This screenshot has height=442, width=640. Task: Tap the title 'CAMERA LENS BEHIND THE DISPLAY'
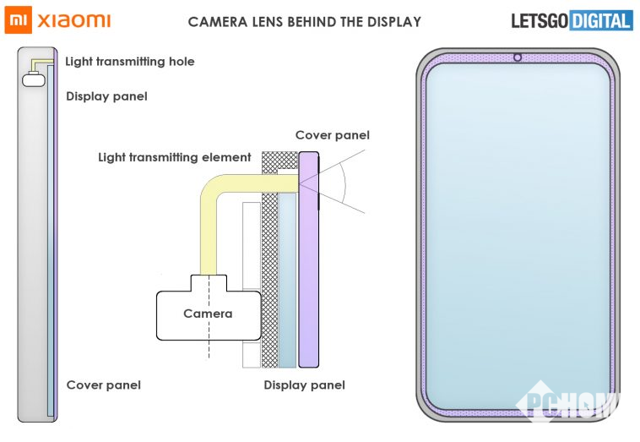pos(304,21)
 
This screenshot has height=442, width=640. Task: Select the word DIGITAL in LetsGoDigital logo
pos(600,20)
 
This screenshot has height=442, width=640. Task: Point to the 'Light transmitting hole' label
pos(130,62)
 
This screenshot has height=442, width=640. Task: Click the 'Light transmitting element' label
pos(175,157)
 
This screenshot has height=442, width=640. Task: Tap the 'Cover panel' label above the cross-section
pos(332,135)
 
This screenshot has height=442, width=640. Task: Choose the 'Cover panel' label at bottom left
pos(103,385)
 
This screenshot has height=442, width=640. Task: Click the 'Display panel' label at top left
pos(106,96)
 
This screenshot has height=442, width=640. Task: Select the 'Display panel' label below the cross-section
pos(304,385)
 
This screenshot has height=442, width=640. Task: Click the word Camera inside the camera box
pos(208,314)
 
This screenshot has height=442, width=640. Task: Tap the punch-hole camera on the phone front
pos(517,58)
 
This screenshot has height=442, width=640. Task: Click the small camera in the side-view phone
pos(34,80)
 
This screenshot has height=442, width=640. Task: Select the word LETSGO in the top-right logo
pos(540,20)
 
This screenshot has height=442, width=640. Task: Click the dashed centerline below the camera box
pos(208,351)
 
